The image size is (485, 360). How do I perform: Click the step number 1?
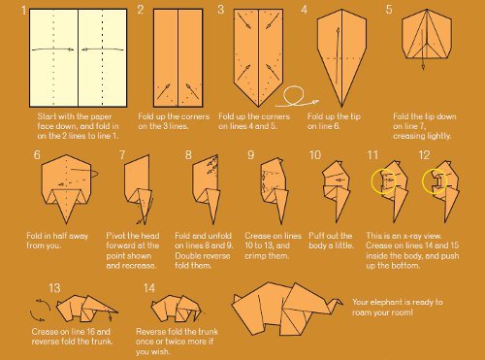pos(23,11)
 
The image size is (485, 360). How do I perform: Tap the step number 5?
pos(389,9)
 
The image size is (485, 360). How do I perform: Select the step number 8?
pos(188,155)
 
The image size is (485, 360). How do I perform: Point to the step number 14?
pos(149,288)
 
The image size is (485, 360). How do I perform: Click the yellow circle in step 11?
pos(372,181)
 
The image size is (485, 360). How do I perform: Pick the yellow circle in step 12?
pos(423,181)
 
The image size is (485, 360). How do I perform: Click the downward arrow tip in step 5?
pos(423,69)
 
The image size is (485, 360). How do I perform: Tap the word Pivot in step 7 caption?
pos(114,236)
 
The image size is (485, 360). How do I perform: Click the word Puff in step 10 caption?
pos(316,236)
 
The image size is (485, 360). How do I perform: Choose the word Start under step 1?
pos(47,116)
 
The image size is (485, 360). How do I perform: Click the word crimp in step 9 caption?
pos(255,256)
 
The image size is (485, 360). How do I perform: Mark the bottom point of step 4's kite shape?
pos(341,107)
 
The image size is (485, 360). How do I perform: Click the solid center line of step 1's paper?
pos(78,58)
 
